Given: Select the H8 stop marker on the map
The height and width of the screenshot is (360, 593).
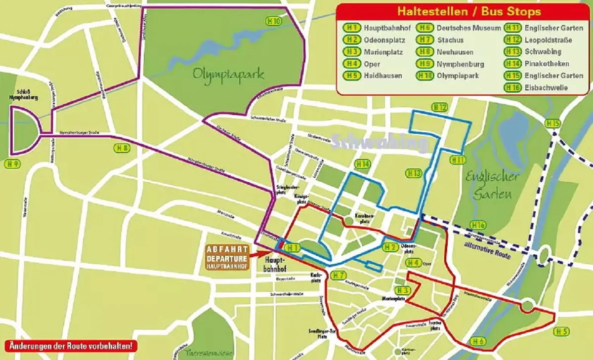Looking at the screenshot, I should point(122,148).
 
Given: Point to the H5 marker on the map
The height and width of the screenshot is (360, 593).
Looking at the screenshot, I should point(562,331).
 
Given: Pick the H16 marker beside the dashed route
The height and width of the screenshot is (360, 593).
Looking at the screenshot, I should point(478,225).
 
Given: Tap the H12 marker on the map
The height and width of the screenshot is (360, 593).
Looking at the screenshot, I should point(440,107).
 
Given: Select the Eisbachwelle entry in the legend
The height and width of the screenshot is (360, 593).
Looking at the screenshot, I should point(546,88).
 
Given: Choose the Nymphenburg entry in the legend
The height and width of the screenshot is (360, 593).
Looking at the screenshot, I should point(460,64).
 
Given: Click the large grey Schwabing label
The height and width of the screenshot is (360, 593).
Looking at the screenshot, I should point(380,143).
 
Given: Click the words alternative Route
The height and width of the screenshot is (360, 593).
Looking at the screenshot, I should point(488,250).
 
